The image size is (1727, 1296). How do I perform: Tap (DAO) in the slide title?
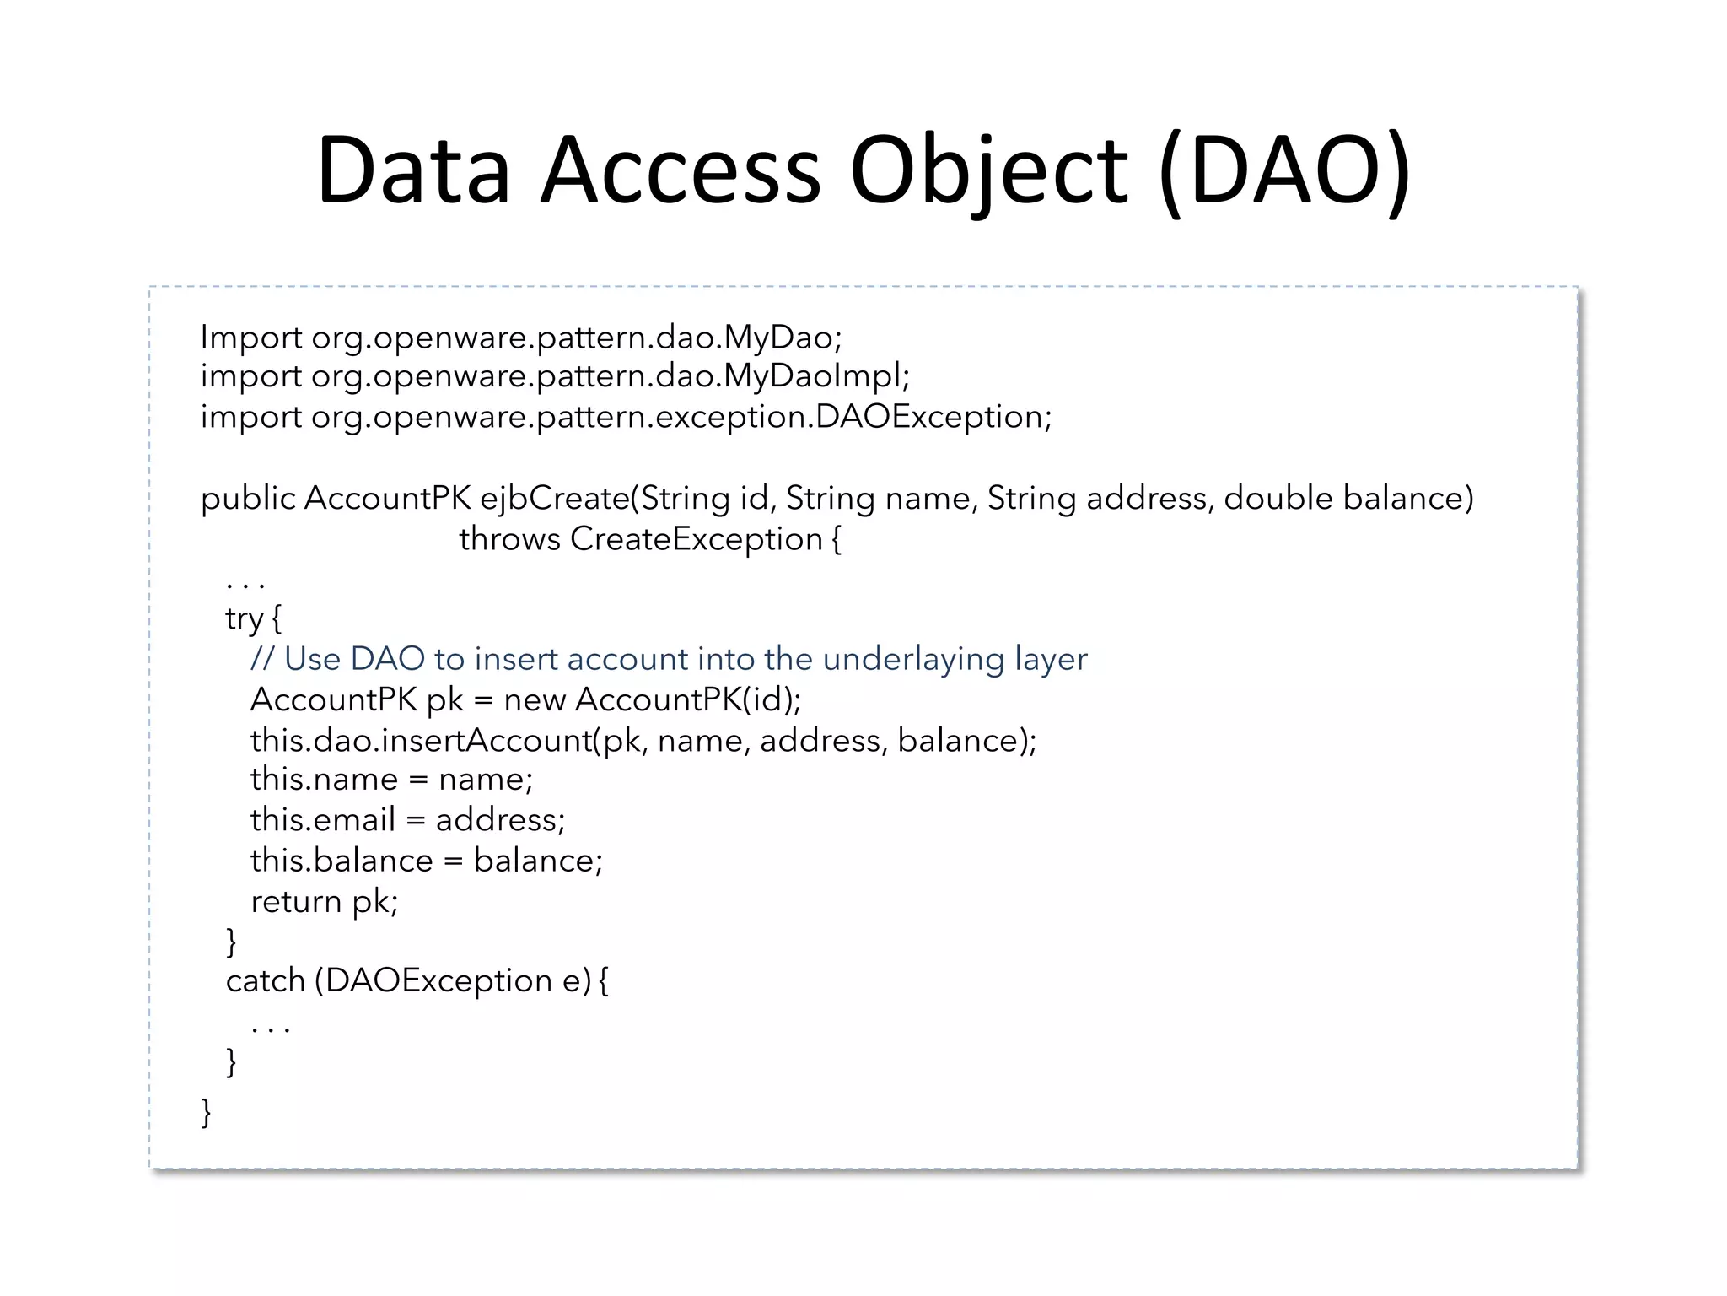1284,171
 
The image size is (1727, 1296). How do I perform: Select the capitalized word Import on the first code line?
250,337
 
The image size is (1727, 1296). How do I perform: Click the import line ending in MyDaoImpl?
555,376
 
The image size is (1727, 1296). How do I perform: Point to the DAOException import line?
626,417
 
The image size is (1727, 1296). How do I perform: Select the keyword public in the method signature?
248,498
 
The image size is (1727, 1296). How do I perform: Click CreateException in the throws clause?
696,539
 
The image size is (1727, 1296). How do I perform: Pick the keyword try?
245,618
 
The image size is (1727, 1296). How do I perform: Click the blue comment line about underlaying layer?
669,659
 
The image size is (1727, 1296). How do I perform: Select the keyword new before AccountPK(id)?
534,699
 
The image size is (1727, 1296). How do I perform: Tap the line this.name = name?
391,779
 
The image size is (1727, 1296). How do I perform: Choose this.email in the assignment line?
322,819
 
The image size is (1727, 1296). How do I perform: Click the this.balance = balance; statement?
427,861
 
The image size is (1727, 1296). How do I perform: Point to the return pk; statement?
324,901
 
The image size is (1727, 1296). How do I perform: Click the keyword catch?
265,980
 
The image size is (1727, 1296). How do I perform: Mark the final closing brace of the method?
206,1111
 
